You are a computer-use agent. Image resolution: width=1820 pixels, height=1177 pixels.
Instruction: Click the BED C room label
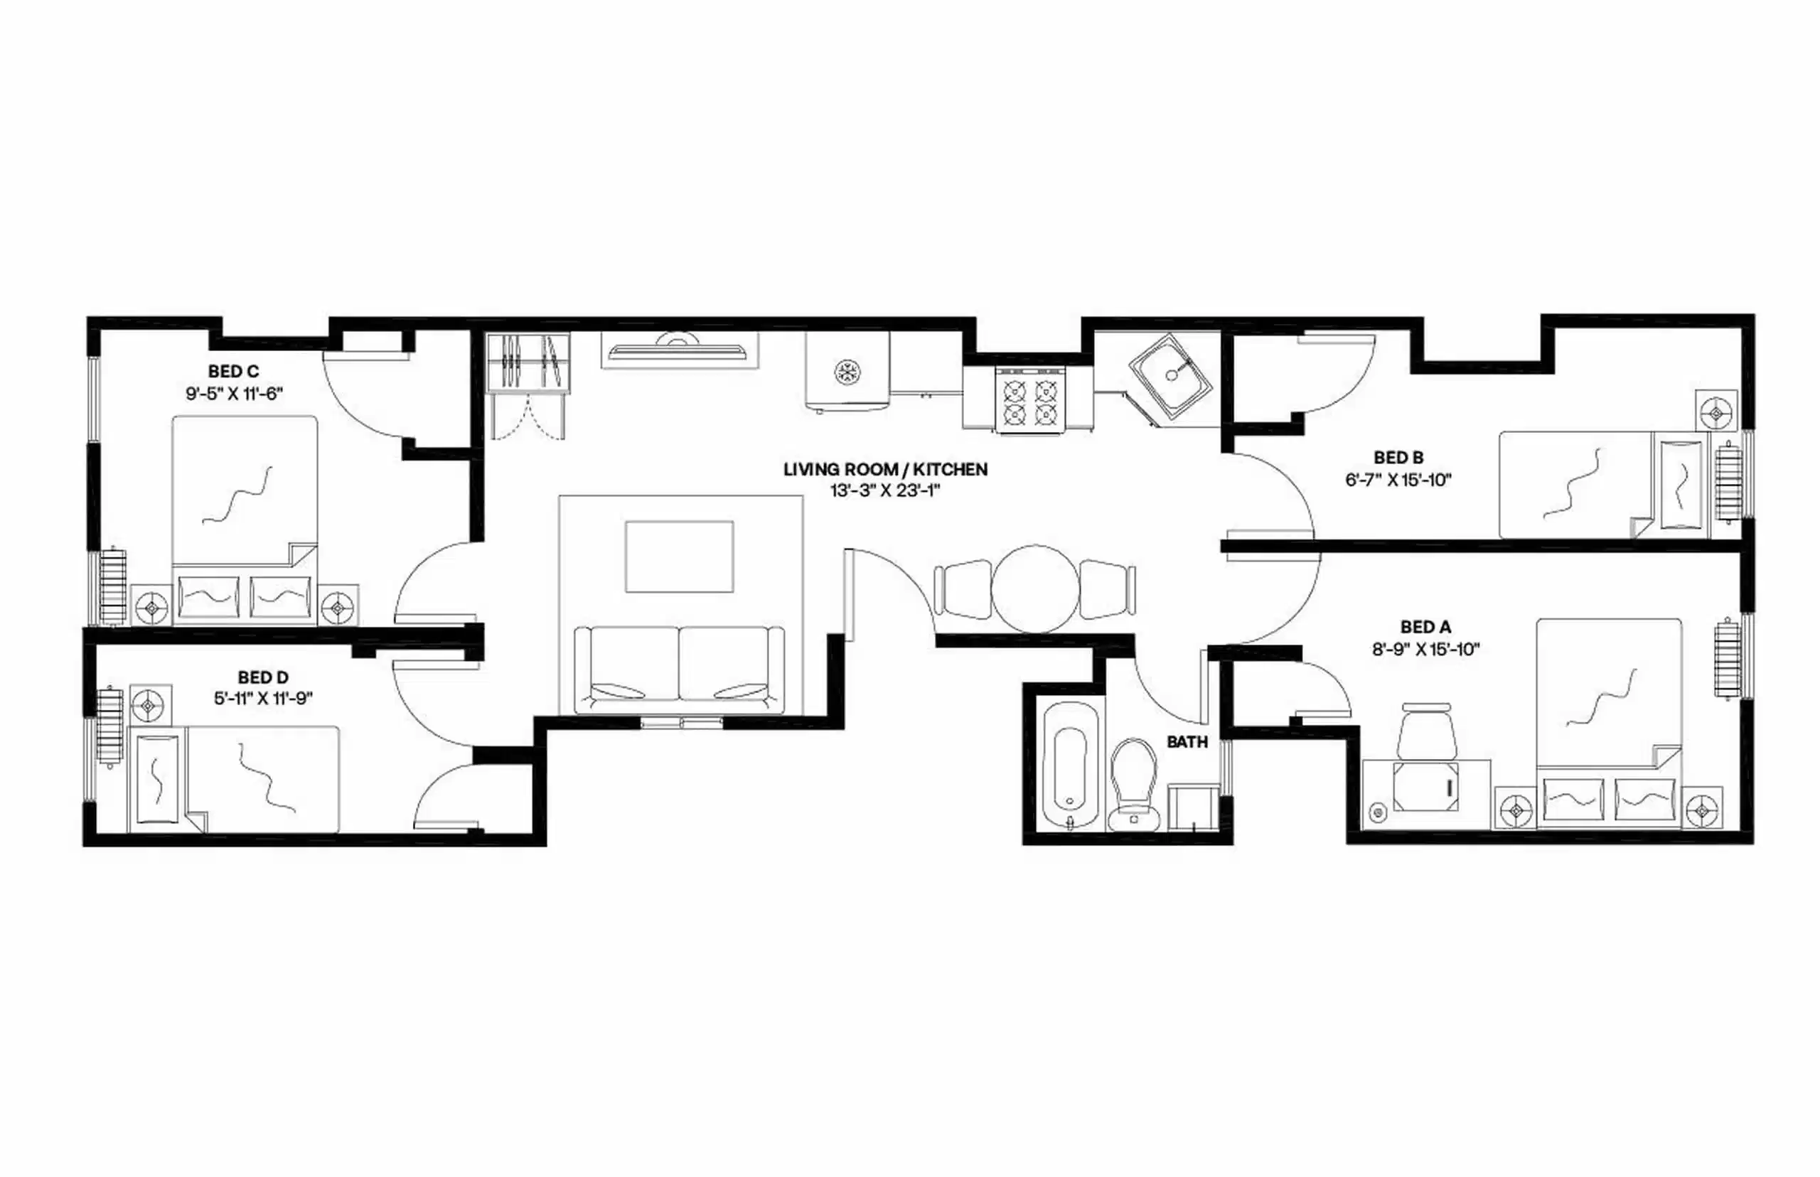coord(233,372)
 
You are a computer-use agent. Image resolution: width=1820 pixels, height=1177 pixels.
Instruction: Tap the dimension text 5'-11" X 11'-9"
coord(263,698)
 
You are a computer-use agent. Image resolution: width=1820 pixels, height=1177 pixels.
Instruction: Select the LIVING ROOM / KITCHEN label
coord(885,469)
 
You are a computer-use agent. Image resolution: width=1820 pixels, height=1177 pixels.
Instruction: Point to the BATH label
coord(1187,741)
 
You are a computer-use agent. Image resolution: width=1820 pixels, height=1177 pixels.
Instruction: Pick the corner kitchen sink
coord(1170,377)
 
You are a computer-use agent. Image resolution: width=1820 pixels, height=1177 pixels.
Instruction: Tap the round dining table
coord(1036,588)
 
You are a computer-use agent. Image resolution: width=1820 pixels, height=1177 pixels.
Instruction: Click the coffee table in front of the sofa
coord(679,557)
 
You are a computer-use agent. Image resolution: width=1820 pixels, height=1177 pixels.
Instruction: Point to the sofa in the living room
coord(679,668)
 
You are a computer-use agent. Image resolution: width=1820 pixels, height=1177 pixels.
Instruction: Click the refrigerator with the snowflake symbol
coord(847,372)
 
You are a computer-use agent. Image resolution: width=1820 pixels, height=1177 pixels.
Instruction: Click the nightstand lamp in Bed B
coord(1715,414)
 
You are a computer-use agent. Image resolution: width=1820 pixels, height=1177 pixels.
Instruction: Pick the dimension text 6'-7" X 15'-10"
coord(1398,480)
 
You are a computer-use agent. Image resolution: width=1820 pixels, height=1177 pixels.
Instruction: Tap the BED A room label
coord(1425,627)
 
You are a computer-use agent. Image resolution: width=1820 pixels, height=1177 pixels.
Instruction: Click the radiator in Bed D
coord(109,727)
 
